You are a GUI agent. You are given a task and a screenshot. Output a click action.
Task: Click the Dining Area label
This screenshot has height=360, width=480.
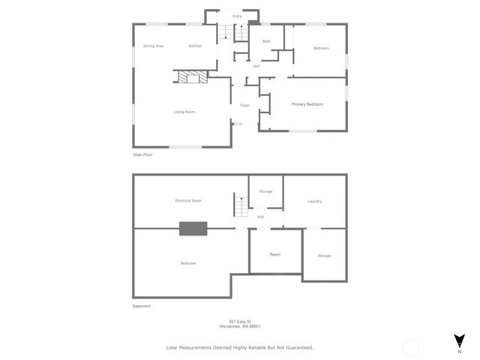pyautogui.click(x=154, y=46)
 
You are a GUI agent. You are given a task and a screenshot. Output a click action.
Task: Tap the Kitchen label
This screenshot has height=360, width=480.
pyautogui.click(x=195, y=46)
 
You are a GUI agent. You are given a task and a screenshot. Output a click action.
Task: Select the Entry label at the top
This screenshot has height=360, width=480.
pyautogui.click(x=237, y=16)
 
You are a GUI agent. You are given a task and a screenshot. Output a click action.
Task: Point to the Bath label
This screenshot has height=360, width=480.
pyautogui.click(x=266, y=41)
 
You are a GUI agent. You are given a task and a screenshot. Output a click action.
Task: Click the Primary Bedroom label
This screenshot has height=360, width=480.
pyautogui.click(x=307, y=104)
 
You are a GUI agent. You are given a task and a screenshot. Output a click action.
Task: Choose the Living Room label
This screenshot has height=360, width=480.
pyautogui.click(x=184, y=112)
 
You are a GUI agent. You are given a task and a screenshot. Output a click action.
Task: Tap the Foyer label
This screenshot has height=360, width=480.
pyautogui.click(x=244, y=105)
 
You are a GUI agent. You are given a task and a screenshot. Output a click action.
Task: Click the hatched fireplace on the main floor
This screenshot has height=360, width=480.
pyautogui.click(x=191, y=76)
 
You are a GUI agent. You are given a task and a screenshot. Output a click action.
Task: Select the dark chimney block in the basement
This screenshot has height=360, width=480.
pyautogui.click(x=193, y=229)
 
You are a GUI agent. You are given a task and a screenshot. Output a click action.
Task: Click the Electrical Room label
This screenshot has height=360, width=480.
pyautogui.click(x=188, y=200)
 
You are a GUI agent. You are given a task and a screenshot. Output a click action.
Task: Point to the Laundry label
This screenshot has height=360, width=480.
pyautogui.click(x=315, y=201)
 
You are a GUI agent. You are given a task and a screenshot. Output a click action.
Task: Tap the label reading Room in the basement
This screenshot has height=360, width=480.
pyautogui.click(x=275, y=255)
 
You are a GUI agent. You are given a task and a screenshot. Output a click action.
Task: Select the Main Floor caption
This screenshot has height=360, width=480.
pyautogui.click(x=143, y=154)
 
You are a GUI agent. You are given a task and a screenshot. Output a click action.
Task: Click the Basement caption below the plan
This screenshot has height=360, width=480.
pyautogui.click(x=142, y=306)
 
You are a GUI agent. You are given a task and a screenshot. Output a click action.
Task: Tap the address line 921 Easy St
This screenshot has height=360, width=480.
pyautogui.click(x=244, y=322)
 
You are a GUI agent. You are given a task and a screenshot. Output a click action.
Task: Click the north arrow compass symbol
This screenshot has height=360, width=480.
pyautogui.click(x=459, y=340)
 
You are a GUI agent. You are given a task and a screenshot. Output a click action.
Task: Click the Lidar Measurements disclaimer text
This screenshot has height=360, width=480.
pyautogui.click(x=239, y=347)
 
